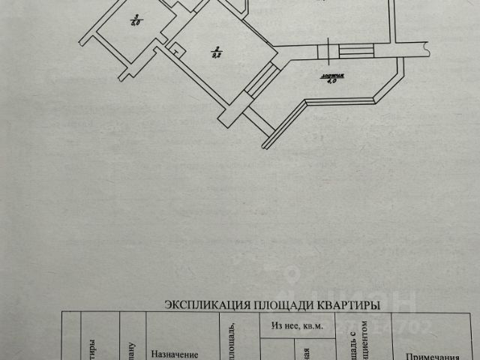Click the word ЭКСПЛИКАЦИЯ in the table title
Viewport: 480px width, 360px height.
coord(199,304)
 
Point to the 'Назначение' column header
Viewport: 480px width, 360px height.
coord(174,354)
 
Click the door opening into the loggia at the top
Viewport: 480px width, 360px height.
coord(328,52)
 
